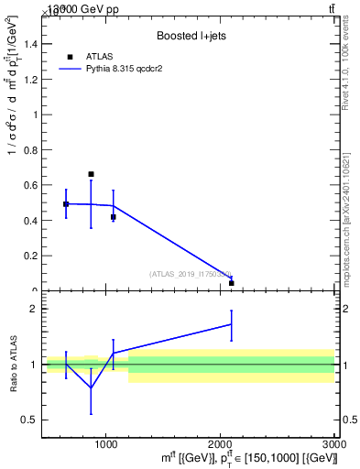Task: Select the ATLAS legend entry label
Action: point(100,57)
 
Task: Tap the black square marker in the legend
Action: point(70,57)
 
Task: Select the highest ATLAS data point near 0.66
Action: point(91,174)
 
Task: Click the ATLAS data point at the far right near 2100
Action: point(232,283)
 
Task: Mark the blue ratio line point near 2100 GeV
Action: point(232,324)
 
